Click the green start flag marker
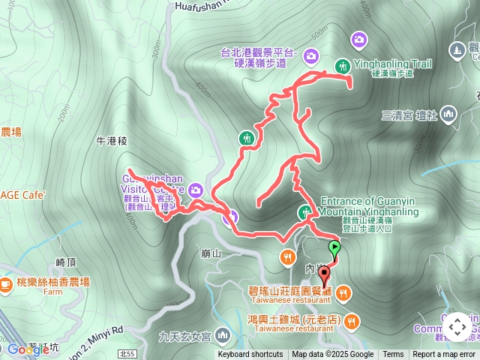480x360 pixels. (334, 247)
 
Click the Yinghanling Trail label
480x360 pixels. (391, 64)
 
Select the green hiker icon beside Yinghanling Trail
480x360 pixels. (342, 66)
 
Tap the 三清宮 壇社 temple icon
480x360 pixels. (448, 115)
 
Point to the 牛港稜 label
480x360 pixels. (112, 140)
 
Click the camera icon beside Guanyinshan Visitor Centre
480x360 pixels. (196, 189)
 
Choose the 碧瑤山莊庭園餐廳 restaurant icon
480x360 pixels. (343, 292)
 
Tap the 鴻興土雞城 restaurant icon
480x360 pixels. (352, 322)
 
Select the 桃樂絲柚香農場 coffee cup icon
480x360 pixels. (6, 283)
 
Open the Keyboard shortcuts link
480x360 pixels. (250, 355)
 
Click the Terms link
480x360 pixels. (393, 355)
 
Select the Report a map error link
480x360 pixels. (444, 355)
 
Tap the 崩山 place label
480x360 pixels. (212, 253)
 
